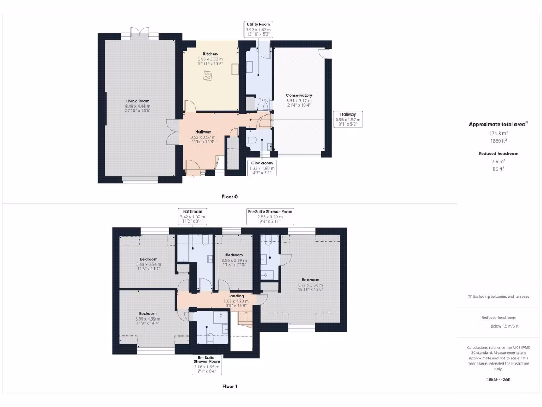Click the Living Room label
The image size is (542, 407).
137,101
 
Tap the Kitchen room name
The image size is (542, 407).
210,54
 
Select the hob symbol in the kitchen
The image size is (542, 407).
206,77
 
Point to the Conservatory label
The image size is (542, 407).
299,95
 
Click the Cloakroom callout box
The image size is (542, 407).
261,167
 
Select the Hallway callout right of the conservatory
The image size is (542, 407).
348,119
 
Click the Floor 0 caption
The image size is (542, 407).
229,197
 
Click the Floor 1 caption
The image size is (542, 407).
229,386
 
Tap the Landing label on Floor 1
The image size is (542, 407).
236,296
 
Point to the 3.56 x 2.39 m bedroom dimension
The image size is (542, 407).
233,260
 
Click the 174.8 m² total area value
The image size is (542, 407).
498,134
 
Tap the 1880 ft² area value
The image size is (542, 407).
498,141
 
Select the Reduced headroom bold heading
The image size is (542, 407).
498,153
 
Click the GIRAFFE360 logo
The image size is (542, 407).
499,379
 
